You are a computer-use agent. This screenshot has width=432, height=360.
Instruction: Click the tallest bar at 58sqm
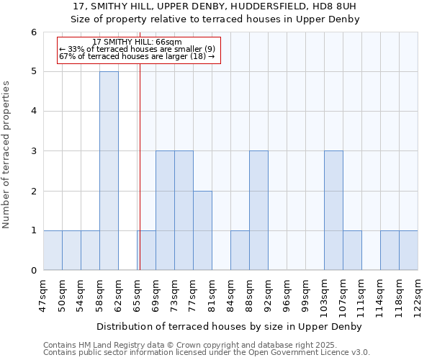click(109, 171)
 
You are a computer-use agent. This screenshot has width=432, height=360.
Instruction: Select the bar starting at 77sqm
click(202, 230)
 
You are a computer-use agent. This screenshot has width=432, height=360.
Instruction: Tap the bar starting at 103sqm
click(333, 210)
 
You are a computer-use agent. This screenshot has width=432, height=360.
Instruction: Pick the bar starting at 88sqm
click(258, 210)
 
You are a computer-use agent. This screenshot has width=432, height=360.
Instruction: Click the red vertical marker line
click(140, 166)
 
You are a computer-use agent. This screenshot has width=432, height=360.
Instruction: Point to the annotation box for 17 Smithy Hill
click(138, 50)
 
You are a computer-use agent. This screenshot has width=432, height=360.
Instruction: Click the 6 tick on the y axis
click(34, 32)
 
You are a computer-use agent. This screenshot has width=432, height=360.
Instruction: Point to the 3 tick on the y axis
click(34, 151)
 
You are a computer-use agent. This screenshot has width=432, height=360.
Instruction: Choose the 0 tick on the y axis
click(34, 271)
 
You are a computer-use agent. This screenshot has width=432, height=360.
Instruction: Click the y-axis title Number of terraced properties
click(6, 154)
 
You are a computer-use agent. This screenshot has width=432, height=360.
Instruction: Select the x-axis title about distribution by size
click(230, 327)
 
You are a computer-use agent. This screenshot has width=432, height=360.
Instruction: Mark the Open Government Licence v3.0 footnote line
click(207, 352)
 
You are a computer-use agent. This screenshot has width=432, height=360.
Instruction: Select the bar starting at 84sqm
click(240, 251)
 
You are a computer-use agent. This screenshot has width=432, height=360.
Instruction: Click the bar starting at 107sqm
click(352, 251)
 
